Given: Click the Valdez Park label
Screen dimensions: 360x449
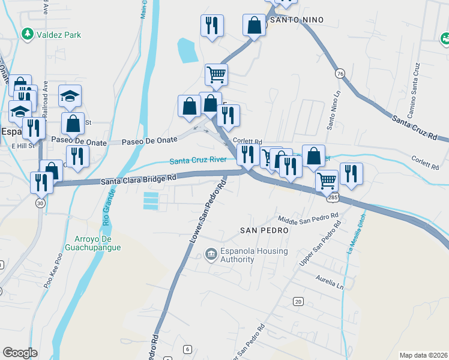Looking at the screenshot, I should point(58,35).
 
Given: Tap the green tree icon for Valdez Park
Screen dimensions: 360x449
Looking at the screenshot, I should point(26,35).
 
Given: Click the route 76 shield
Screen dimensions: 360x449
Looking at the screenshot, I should point(340,73).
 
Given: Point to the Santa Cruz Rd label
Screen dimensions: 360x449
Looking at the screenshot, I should point(415,128).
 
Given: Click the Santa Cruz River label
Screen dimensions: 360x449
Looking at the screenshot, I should point(197,160).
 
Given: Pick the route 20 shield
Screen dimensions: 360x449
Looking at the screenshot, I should point(298,301).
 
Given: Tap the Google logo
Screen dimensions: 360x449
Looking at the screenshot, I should point(20,353).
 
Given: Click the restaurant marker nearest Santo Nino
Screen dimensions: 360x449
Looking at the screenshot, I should point(211,25).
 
